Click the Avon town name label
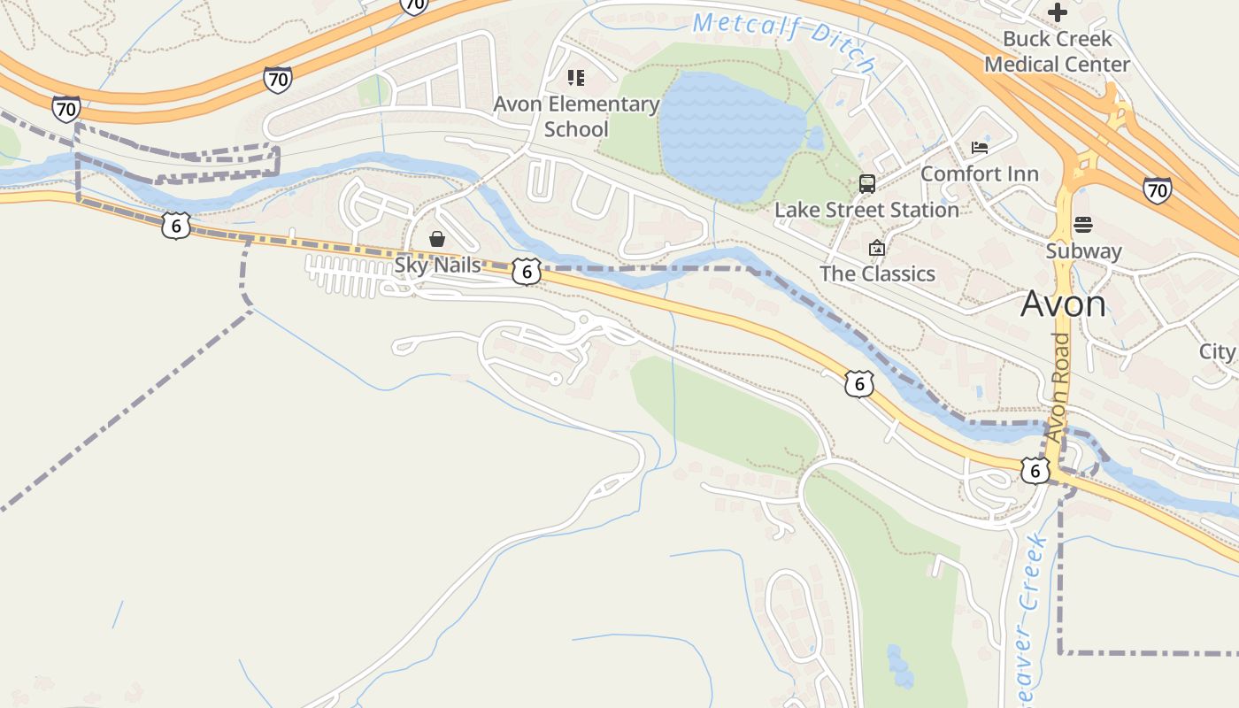tap(1063, 304)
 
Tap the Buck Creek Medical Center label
tap(1057, 51)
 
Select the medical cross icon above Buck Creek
tap(1057, 12)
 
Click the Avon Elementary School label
tap(576, 117)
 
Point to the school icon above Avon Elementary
tap(576, 78)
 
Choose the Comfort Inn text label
tap(979, 173)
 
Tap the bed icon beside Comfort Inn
tap(980, 147)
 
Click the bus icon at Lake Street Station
tap(866, 184)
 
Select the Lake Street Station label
tap(866, 210)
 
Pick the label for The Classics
tap(877, 273)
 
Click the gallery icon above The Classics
tap(877, 248)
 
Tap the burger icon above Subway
tap(1083, 225)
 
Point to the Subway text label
tap(1083, 250)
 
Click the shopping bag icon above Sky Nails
tap(436, 239)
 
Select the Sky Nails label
tap(437, 265)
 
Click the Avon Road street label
tap(1059, 388)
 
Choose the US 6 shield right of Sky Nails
tap(526, 271)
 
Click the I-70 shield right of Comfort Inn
tap(1157, 189)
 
